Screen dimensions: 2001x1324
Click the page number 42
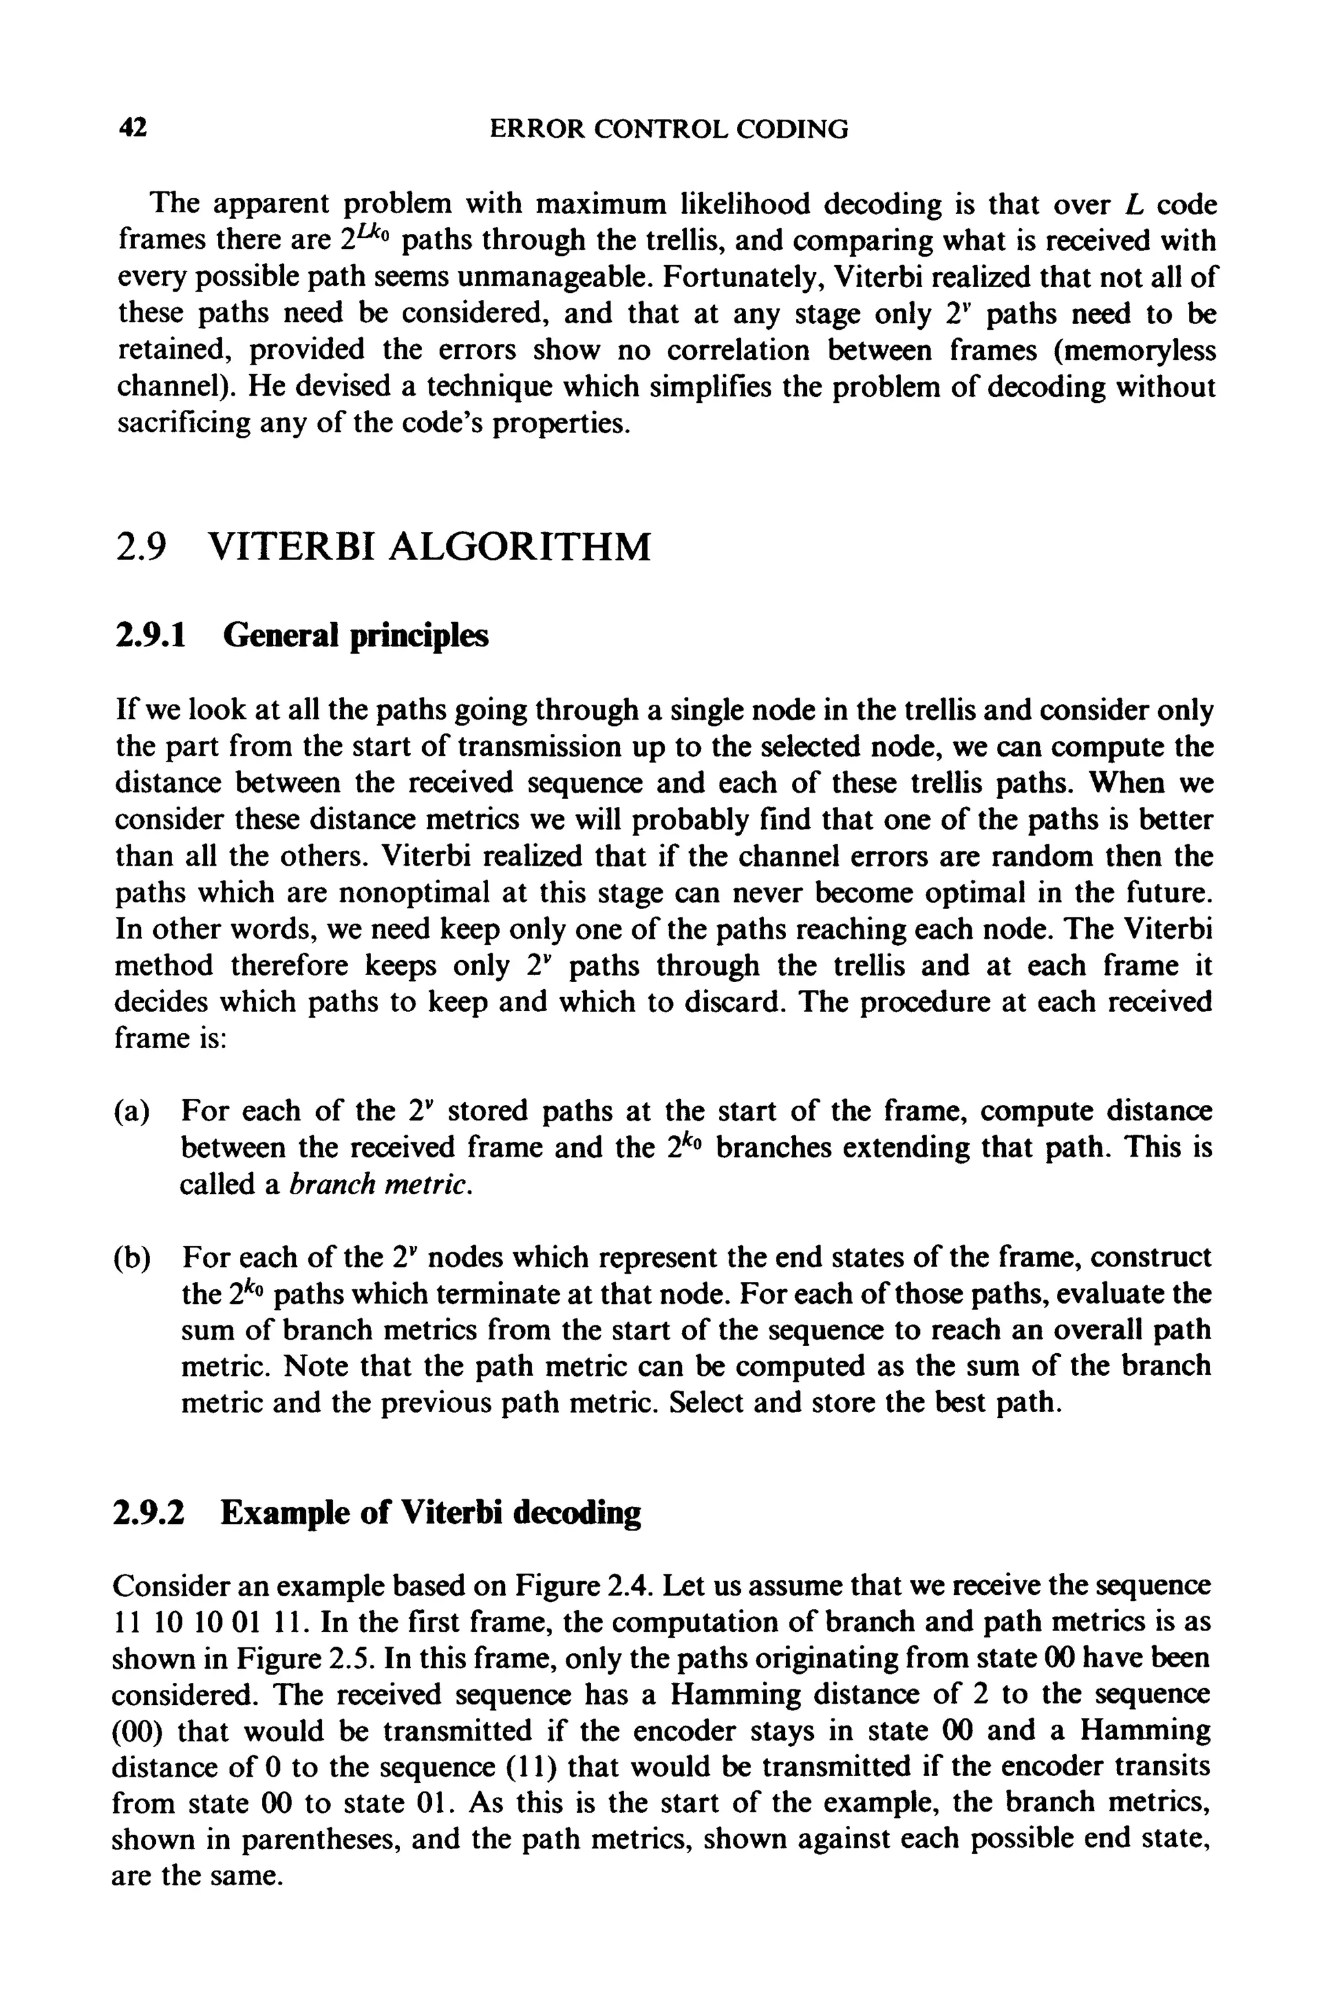[x=133, y=129]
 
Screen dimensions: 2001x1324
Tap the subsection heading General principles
[x=356, y=636]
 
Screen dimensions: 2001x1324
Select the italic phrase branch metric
[x=378, y=1184]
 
